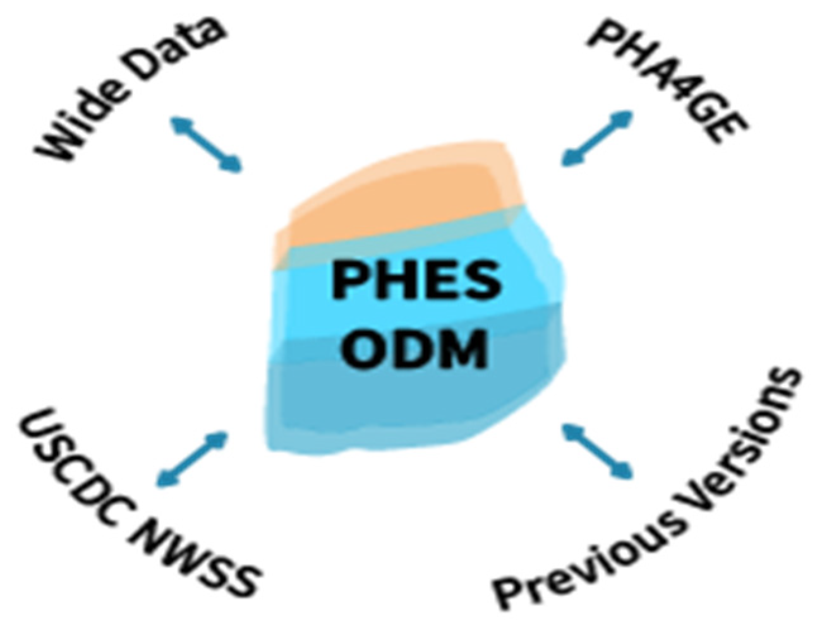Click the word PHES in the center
tap(416, 281)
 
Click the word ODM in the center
tap(416, 348)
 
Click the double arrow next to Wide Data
tap(206, 144)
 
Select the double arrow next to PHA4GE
tap(596, 138)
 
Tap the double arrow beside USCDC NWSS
tap(192, 460)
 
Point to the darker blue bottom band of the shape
tap(416, 401)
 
